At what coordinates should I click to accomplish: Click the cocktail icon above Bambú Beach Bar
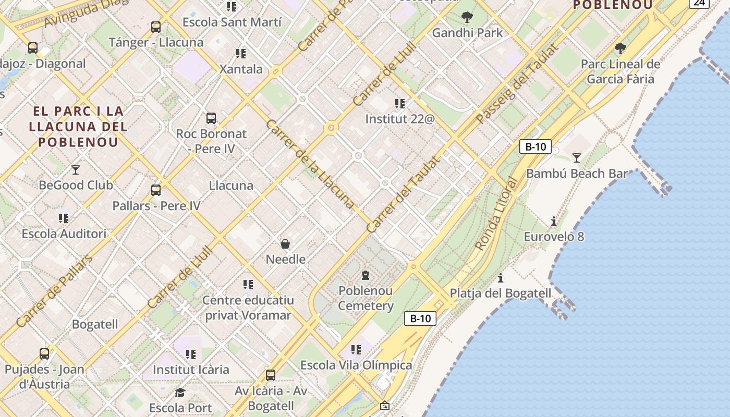[x=576, y=157]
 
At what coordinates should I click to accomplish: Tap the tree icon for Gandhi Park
[x=467, y=17]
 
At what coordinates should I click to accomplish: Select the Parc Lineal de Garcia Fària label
[x=620, y=71]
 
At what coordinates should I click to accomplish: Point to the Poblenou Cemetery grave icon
[x=366, y=275]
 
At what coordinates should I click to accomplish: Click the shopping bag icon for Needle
[x=285, y=243]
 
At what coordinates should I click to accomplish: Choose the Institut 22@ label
[x=399, y=119]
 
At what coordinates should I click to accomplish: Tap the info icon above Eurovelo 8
[x=553, y=221]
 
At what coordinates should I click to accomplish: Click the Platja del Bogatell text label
[x=500, y=293]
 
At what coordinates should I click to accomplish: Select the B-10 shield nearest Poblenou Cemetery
[x=420, y=318]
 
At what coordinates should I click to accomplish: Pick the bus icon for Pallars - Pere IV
[x=155, y=190]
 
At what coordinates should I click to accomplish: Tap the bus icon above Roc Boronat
[x=211, y=118]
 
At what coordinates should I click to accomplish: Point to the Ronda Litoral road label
[x=496, y=214]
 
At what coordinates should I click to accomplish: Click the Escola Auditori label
[x=64, y=234]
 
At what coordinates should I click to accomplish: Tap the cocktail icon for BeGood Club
[x=76, y=169]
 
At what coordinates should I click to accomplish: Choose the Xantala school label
[x=240, y=69]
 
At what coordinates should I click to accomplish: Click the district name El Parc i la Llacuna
[x=78, y=126]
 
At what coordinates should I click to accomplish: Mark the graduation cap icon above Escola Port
[x=180, y=393]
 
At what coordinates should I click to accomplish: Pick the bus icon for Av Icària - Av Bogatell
[x=270, y=375]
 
